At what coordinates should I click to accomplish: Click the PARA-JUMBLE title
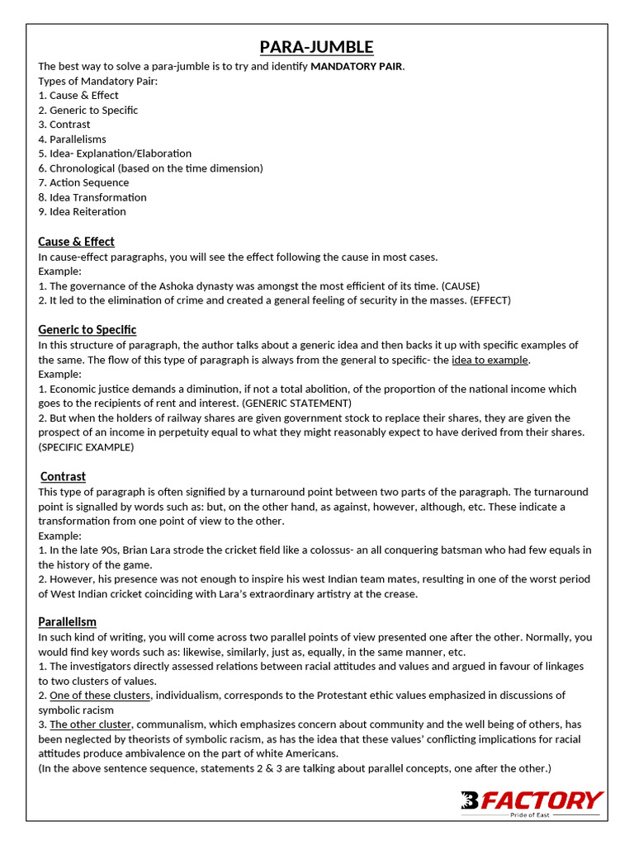[x=317, y=47]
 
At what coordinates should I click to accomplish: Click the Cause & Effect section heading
[x=76, y=242]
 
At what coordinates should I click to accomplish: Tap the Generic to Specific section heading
[x=87, y=330]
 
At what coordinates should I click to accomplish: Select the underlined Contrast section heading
[x=63, y=477]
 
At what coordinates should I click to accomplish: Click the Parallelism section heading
[x=67, y=621]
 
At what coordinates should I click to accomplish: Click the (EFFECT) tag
[x=490, y=300]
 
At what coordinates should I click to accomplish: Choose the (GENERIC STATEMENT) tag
[x=296, y=404]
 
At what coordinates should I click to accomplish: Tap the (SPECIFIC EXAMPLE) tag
[x=86, y=447]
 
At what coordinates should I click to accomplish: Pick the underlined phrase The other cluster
[x=91, y=725]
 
